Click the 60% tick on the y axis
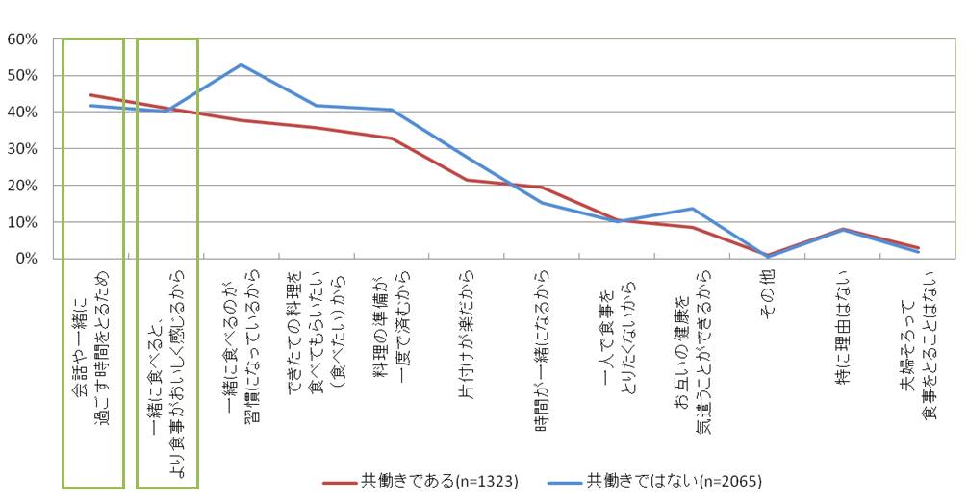[21, 39]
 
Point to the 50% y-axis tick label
[21, 76]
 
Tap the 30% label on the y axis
[21, 149]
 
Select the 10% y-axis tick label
[21, 222]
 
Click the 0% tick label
[25, 259]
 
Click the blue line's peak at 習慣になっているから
[241, 64]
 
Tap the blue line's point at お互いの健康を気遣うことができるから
[693, 209]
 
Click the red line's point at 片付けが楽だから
[467, 180]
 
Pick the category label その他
[769, 289]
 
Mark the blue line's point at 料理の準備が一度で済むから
[392, 110]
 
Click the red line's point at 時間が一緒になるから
[542, 188]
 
